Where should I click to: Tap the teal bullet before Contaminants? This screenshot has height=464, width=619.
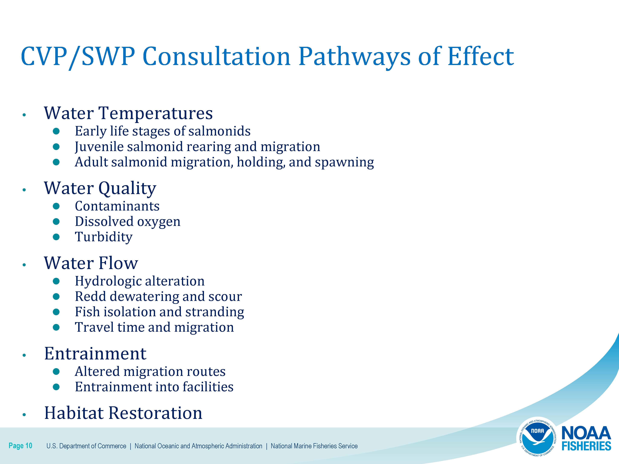[x=56, y=206]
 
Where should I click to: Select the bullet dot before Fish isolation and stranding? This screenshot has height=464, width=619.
[x=56, y=312]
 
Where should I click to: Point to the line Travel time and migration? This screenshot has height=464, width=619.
[x=154, y=327]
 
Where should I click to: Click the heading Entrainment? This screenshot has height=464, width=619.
[x=95, y=354]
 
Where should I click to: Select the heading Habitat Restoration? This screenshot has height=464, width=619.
[x=123, y=413]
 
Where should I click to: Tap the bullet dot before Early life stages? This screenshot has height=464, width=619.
[x=56, y=131]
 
